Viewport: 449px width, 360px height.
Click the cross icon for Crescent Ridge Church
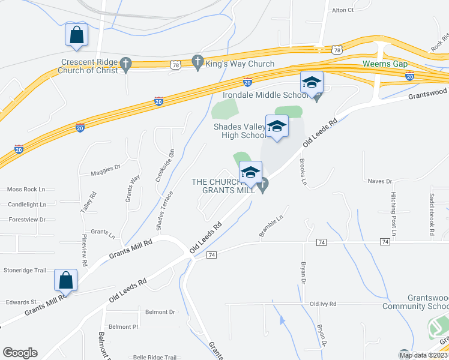pyautogui.click(x=125, y=64)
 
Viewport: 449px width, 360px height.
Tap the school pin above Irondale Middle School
pyautogui.click(x=312, y=83)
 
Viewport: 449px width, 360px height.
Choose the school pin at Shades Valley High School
pyautogui.click(x=277, y=127)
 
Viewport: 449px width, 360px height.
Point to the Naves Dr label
pyautogui.click(x=379, y=181)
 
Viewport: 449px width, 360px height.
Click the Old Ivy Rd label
pyautogui.click(x=323, y=304)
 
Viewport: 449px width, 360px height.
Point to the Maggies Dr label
pyautogui.click(x=106, y=169)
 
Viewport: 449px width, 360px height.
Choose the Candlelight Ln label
pyautogui.click(x=27, y=205)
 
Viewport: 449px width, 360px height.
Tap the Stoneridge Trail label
pyautogui.click(x=24, y=271)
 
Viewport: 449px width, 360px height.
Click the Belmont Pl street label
pyautogui.click(x=124, y=326)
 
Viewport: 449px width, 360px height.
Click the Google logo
pyautogui.click(x=20, y=353)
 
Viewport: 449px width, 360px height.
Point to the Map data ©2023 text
pyautogui.click(x=424, y=355)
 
